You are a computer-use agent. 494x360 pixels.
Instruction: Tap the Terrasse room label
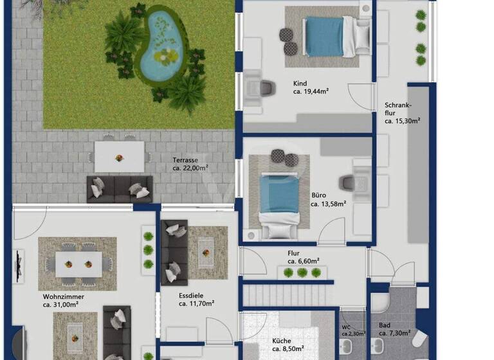coord(190,163)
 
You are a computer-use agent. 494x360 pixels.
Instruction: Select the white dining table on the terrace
coord(120,156)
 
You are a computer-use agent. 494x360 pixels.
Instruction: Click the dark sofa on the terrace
coord(119,189)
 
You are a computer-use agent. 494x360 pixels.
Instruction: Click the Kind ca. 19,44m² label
coord(311,87)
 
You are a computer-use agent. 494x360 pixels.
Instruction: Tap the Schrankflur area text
coord(402,113)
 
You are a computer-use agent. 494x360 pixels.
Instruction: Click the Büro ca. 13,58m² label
coord(329,199)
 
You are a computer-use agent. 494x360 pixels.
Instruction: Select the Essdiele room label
coord(192,300)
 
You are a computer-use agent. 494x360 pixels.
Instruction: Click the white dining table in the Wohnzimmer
coord(78,263)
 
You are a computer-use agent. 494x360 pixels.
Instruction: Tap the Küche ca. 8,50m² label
coord(286,345)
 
